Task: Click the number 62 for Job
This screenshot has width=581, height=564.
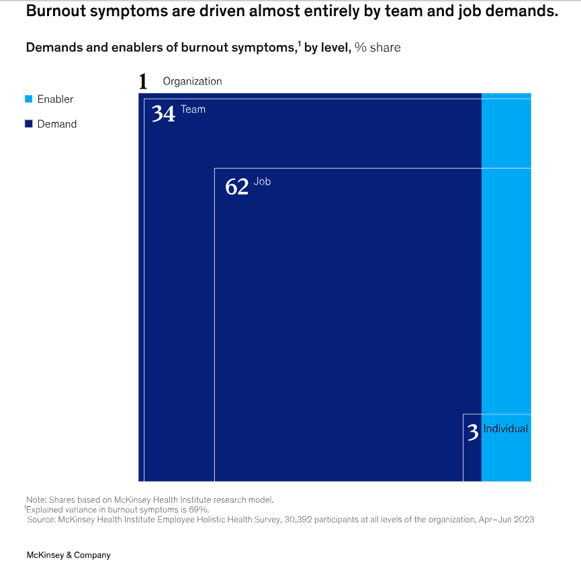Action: coord(236,186)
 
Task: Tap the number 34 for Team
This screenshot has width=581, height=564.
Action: coord(163,113)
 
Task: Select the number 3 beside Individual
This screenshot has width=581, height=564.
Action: coord(473,432)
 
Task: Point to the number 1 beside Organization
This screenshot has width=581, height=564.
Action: coord(142,82)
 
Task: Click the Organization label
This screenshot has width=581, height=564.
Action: coord(192,81)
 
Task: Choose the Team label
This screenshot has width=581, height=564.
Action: coord(193,109)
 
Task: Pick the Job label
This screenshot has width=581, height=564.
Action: coord(262,182)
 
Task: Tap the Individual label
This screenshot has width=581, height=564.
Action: coord(506,429)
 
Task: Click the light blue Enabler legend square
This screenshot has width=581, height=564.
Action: coord(29,99)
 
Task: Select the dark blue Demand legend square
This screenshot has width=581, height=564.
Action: coord(29,124)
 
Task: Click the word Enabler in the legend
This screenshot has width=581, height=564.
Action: coord(55,99)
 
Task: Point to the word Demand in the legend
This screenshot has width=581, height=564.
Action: coord(57,124)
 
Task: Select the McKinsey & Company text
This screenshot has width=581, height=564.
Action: coord(68,555)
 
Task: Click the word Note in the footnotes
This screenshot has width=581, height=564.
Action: coord(36,500)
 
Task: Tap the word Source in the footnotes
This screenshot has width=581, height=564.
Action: coord(42,519)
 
